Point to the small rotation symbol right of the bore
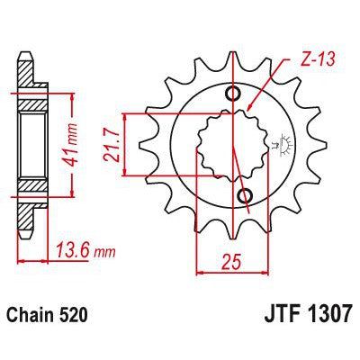tap(274, 144)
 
